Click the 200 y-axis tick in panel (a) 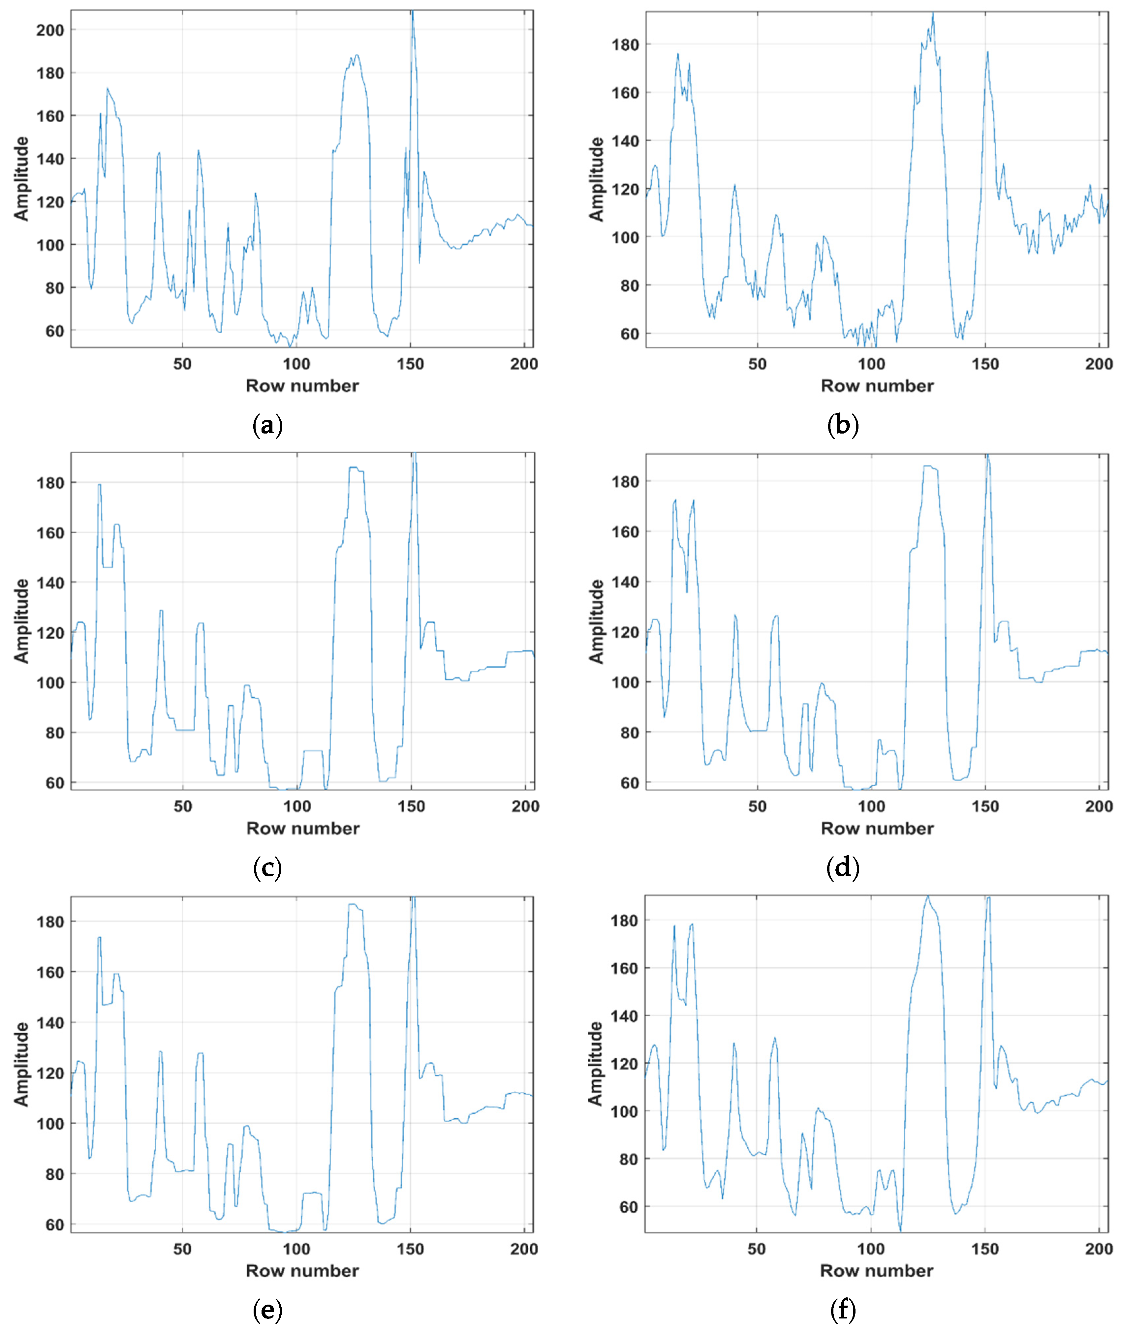tap(49, 30)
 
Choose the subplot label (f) tap(843, 1310)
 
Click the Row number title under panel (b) tap(877, 386)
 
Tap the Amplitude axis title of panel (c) tap(22, 621)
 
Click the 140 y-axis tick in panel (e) tap(49, 1022)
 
